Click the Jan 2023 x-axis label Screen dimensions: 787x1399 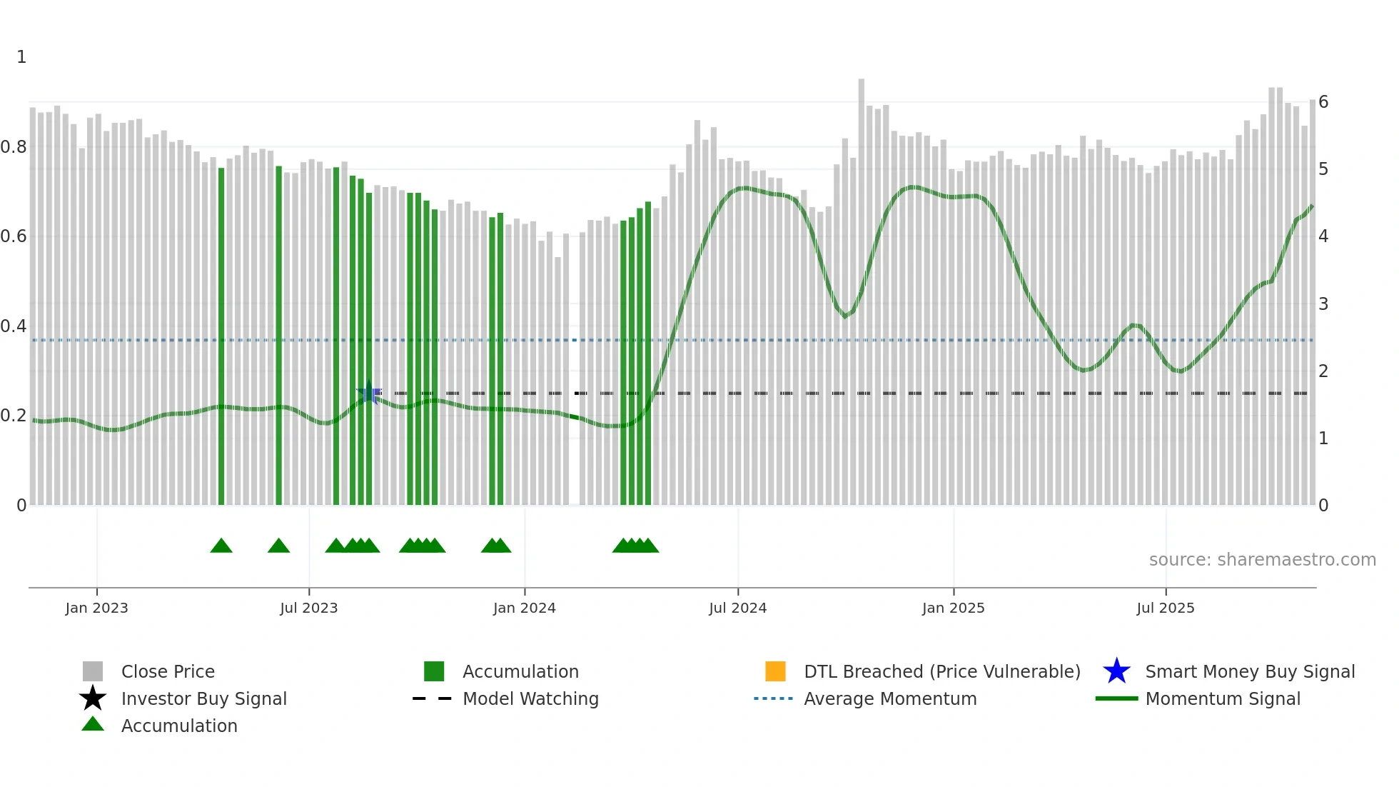pyautogui.click(x=96, y=608)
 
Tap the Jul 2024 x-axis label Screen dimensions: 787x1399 pyautogui.click(x=737, y=608)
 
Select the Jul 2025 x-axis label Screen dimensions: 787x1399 pyautogui.click(x=1165, y=608)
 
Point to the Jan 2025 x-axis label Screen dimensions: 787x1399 pyautogui.click(x=953, y=608)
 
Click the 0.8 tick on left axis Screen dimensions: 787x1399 pyautogui.click(x=14, y=147)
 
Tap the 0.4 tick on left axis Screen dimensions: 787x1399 pyautogui.click(x=14, y=326)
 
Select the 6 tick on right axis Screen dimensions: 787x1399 pyautogui.click(x=1323, y=102)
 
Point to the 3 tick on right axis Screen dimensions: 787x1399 pyautogui.click(x=1323, y=304)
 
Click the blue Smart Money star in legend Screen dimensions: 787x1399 pyautogui.click(x=1116, y=671)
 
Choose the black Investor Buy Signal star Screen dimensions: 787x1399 pyautogui.click(x=93, y=698)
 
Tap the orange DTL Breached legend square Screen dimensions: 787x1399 pyautogui.click(x=775, y=671)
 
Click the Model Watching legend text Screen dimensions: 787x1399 pyautogui.click(x=530, y=698)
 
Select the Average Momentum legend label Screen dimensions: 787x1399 pyautogui.click(x=890, y=698)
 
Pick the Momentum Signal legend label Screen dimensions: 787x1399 pyautogui.click(x=1223, y=698)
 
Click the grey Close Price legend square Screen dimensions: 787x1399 pyautogui.click(x=93, y=671)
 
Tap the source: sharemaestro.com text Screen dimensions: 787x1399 pyautogui.click(x=1262, y=560)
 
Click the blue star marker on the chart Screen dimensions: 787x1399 pyautogui.click(x=369, y=393)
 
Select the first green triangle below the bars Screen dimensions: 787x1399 pyautogui.click(x=221, y=546)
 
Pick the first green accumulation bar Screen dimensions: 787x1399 pyautogui.click(x=221, y=336)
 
